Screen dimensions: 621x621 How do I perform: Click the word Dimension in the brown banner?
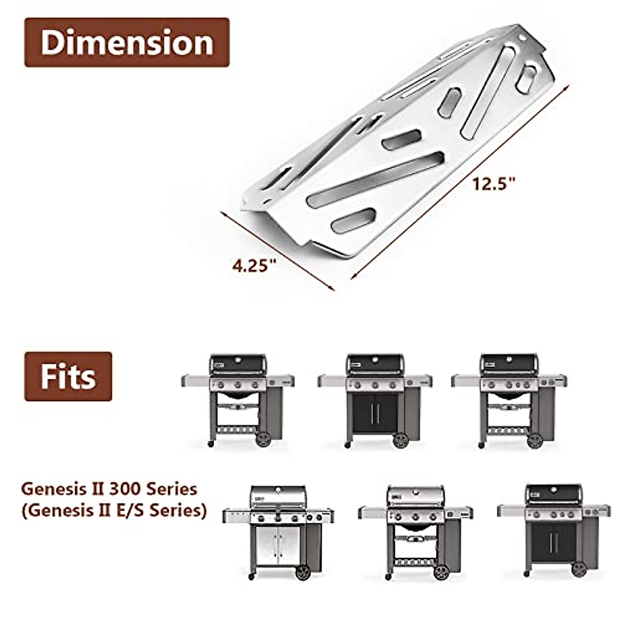(x=127, y=42)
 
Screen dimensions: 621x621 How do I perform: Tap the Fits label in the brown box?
(x=68, y=377)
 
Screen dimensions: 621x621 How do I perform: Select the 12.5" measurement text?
(x=494, y=183)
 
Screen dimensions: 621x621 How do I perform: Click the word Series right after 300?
(x=172, y=489)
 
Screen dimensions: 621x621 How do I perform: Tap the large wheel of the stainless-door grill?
(x=302, y=572)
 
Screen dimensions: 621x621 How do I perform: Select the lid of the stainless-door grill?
(x=278, y=497)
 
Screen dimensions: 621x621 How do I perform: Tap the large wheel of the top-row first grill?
(x=263, y=440)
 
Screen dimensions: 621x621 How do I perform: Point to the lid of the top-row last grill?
(x=509, y=364)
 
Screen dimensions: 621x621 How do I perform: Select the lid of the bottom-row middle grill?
(x=416, y=496)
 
